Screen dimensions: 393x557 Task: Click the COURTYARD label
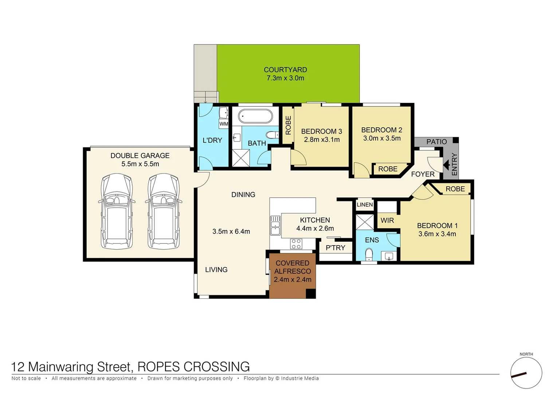click(x=285, y=70)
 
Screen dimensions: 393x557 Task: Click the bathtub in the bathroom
click(x=255, y=117)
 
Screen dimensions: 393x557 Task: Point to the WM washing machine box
click(x=224, y=124)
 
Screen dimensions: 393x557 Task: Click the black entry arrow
click(x=446, y=165)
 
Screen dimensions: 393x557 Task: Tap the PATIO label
click(x=436, y=142)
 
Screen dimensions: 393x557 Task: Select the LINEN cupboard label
click(x=365, y=205)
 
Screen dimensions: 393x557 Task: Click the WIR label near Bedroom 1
click(x=387, y=221)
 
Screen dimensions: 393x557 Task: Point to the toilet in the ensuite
click(x=369, y=254)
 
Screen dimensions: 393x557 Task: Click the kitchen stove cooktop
click(x=296, y=243)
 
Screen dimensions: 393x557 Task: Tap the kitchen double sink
click(x=275, y=226)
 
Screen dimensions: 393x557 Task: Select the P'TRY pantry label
click(x=335, y=248)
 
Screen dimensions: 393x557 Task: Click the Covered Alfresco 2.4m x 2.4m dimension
click(x=293, y=279)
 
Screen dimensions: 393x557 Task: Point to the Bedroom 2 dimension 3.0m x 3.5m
click(x=382, y=138)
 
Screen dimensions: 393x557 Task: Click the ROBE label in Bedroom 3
click(x=288, y=125)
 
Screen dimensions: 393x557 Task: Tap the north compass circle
click(x=526, y=373)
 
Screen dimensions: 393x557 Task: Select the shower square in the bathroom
click(x=241, y=158)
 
